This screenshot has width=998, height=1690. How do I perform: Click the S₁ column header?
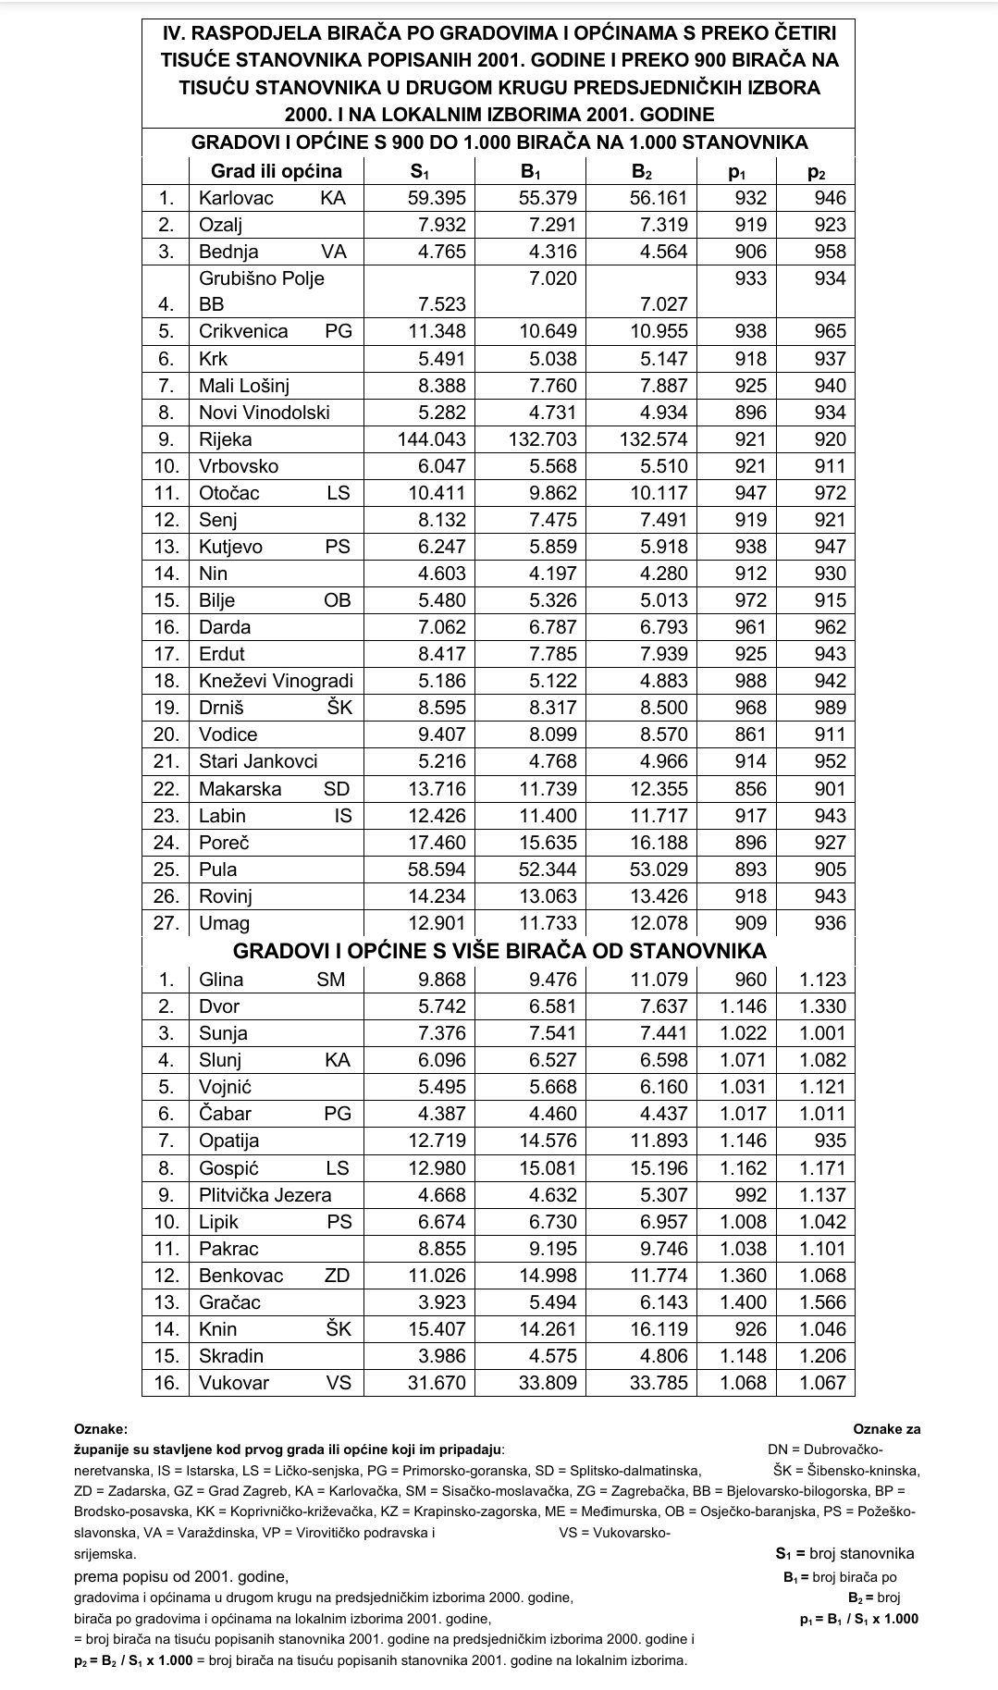pyautogui.click(x=420, y=171)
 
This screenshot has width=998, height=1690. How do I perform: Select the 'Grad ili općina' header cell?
pyautogui.click(x=276, y=171)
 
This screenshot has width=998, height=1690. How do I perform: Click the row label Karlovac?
pyautogui.click(x=236, y=198)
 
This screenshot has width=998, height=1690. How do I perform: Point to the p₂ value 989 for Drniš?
pyautogui.click(x=830, y=708)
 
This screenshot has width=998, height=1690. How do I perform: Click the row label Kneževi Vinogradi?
pyautogui.click(x=276, y=681)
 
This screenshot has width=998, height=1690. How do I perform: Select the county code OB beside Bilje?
pyautogui.click(x=338, y=600)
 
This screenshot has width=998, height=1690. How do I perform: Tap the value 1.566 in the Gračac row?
pyautogui.click(x=823, y=1302)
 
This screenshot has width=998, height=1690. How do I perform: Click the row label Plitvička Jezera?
pyautogui.click(x=265, y=1195)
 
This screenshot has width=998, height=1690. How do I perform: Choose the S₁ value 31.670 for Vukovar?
pyautogui.click(x=437, y=1383)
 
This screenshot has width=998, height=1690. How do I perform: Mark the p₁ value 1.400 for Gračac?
pyautogui.click(x=744, y=1302)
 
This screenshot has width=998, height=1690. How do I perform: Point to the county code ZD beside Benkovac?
pyautogui.click(x=338, y=1276)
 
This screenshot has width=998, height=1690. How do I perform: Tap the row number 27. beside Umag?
pyautogui.click(x=166, y=923)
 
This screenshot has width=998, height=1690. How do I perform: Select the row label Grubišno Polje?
pyautogui.click(x=262, y=278)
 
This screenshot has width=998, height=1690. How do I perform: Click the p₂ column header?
pyautogui.click(x=816, y=171)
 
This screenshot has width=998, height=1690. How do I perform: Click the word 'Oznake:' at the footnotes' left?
pyautogui.click(x=101, y=1429)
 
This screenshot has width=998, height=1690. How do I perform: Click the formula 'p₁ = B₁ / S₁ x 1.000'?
pyautogui.click(x=858, y=1618)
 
